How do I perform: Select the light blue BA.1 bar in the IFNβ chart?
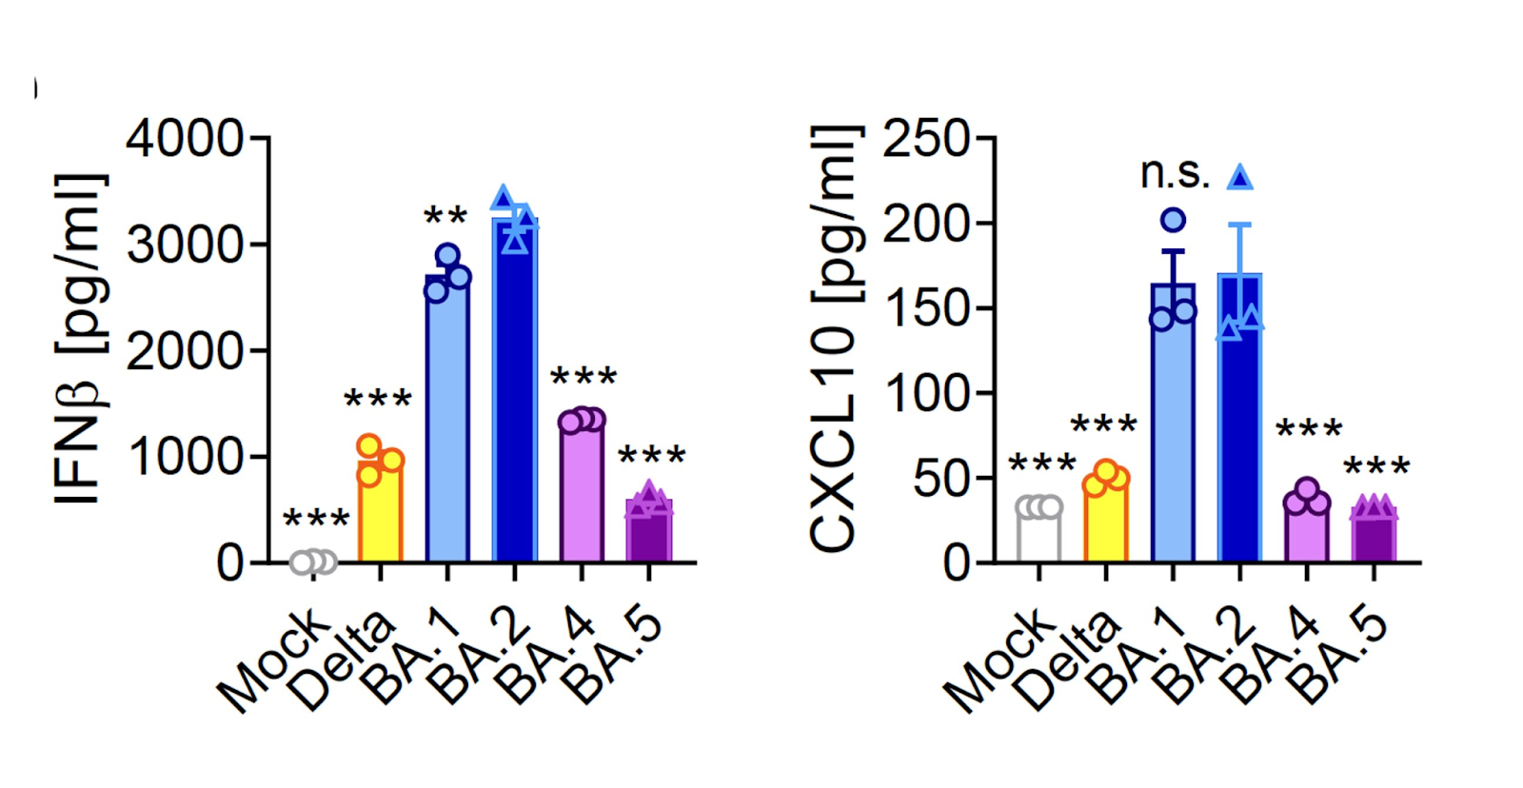point(447,428)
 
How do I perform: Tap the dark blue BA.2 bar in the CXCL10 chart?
point(1239,428)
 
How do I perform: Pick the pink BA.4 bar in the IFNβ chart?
point(582,495)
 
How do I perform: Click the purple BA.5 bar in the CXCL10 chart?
point(1374,539)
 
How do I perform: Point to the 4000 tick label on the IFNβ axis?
point(185,139)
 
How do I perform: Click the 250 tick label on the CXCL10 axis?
point(925,140)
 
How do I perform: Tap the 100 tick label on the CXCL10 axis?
point(925,393)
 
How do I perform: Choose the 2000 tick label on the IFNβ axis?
point(185,352)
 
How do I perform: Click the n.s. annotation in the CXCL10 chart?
point(1175,174)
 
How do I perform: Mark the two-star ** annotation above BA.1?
point(445,216)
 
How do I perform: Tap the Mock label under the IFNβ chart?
point(272,661)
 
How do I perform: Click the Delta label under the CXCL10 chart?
point(1066,661)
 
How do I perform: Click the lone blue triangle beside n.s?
point(1239,177)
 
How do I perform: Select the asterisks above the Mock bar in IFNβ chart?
point(316,520)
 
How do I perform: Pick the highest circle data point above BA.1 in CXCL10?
point(1174,221)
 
